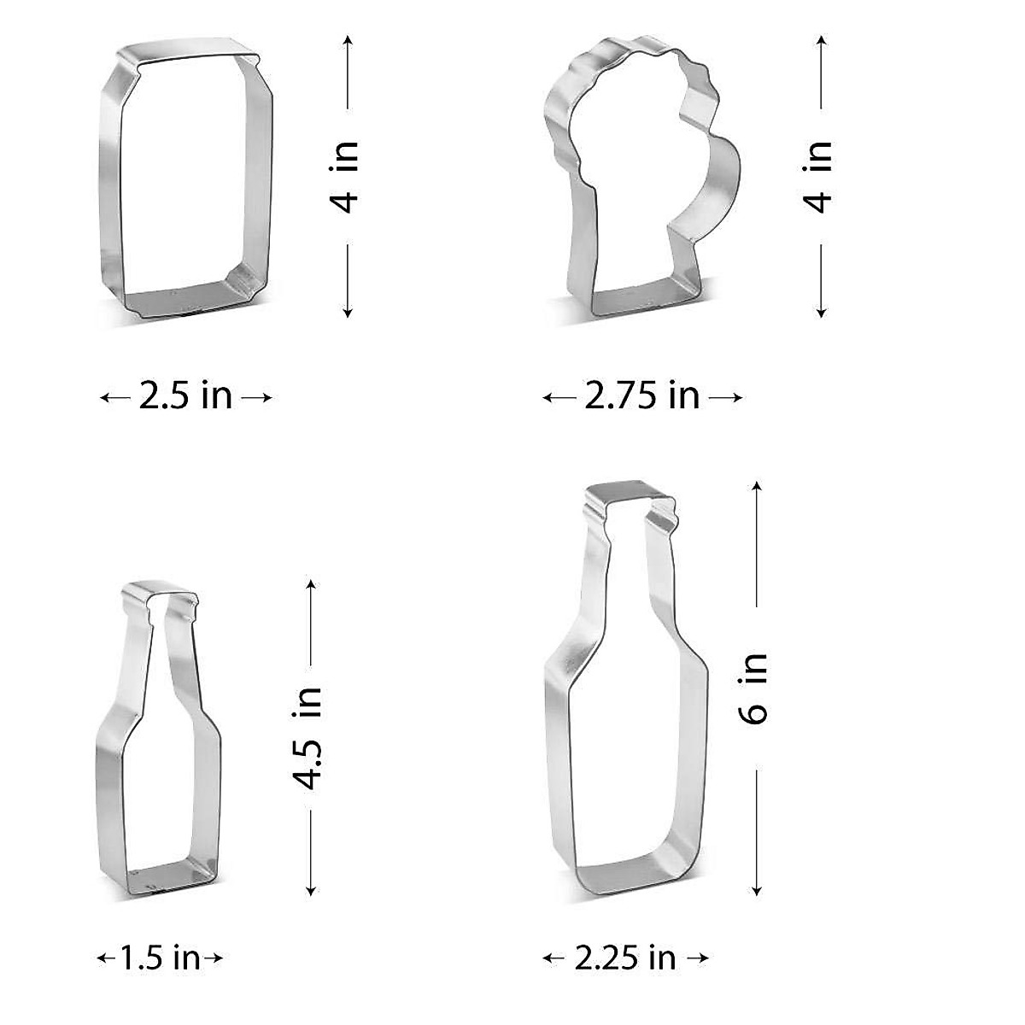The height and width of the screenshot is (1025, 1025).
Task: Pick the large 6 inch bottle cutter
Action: pyautogui.click(x=555, y=726)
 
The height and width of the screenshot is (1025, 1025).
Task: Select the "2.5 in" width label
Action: pyautogui.click(x=185, y=396)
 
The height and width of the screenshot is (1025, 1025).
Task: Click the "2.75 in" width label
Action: pyautogui.click(x=641, y=396)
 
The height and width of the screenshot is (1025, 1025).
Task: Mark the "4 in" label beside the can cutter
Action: pyautogui.click(x=347, y=177)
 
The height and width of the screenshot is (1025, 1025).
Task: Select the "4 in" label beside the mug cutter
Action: pyautogui.click(x=820, y=177)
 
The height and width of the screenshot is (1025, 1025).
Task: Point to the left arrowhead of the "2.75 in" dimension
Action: pyautogui.click(x=548, y=397)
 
